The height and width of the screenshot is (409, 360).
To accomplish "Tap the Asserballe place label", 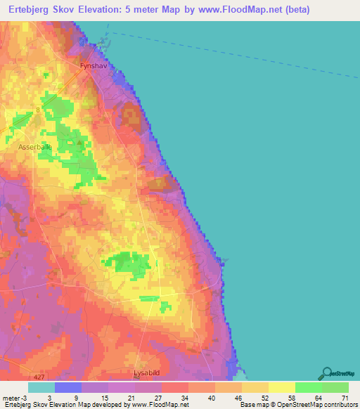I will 35,148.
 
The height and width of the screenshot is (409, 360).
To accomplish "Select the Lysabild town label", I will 149,373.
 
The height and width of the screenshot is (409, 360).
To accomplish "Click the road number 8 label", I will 37,110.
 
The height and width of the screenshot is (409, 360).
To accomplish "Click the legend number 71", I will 345,398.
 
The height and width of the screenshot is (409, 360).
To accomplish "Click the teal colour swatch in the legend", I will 41,387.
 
